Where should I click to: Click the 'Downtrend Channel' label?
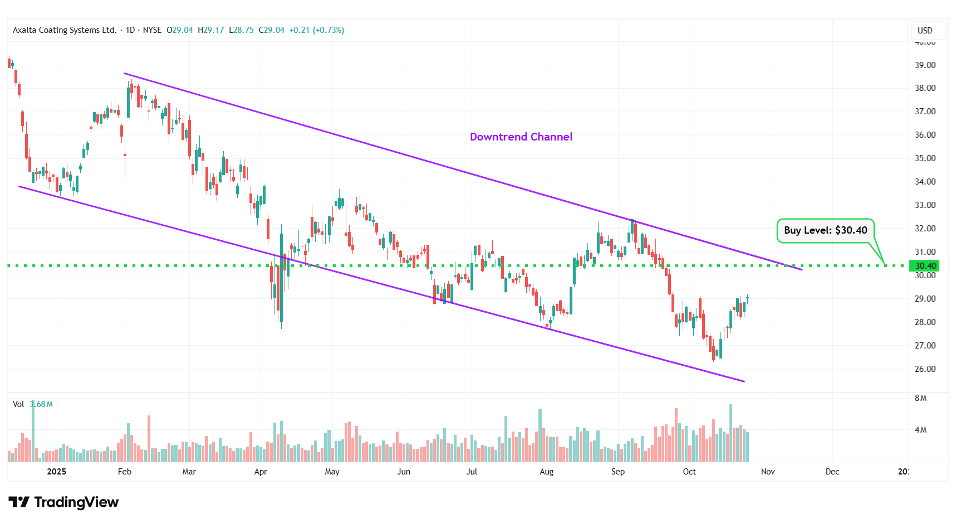point(521,137)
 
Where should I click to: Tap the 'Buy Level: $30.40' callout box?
point(825,230)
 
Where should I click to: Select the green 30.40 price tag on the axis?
point(925,266)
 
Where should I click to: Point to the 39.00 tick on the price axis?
point(925,65)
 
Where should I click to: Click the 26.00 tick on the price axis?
point(925,369)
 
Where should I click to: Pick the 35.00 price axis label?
point(925,158)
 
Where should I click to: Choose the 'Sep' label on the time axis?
point(617,472)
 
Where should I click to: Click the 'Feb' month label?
point(125,472)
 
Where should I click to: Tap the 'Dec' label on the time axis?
point(832,472)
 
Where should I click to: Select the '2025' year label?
point(56,472)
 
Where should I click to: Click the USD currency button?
point(925,31)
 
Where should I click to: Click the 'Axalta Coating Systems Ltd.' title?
point(65,30)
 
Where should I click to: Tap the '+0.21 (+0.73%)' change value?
point(316,30)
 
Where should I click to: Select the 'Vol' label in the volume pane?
point(18,404)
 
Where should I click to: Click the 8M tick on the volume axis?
point(920,398)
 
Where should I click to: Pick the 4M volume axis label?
point(920,430)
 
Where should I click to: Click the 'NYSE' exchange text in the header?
point(152,30)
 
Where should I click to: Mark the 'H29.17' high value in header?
point(210,30)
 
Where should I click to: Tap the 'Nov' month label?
point(767,472)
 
